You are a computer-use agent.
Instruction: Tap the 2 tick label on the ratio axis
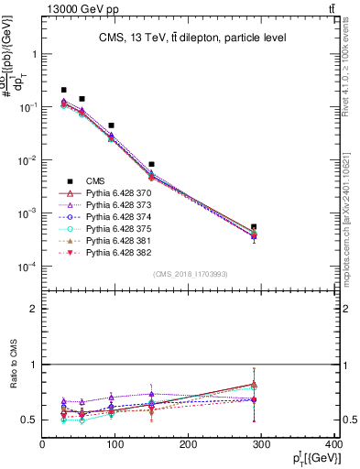click(35, 309)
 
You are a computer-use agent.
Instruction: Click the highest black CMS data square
click(63, 90)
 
